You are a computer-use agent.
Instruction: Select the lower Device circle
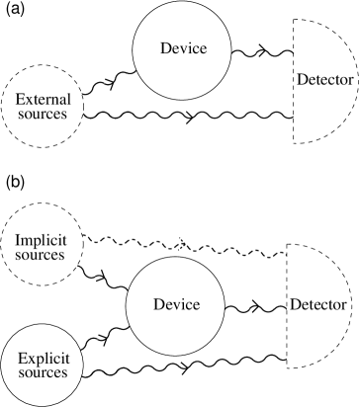177,303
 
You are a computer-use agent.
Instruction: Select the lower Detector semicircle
315,303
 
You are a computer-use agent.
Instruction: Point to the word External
42,100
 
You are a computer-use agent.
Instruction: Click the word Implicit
41,240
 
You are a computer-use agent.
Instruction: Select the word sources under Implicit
41,255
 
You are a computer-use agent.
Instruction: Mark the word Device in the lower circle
177,303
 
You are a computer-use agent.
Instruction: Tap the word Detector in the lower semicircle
317,303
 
